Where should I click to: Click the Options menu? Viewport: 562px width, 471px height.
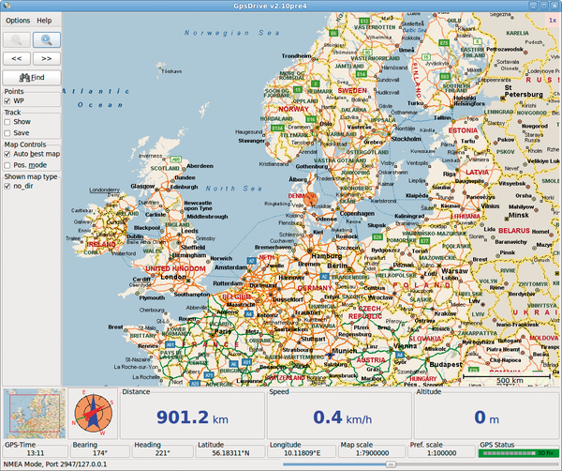tap(18, 20)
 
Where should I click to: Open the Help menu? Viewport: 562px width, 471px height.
tap(44, 20)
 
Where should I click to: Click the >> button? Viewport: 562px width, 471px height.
tap(47, 57)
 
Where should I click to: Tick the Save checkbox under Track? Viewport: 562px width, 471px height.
tap(8, 133)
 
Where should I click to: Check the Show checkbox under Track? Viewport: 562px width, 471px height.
tap(8, 122)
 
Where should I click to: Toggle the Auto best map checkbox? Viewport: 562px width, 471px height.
tap(8, 154)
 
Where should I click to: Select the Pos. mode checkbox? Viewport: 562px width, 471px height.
tap(8, 165)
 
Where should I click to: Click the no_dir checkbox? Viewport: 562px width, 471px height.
tap(8, 187)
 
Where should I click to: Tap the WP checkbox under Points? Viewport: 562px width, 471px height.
tap(8, 100)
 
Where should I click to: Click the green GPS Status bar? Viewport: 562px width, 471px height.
tap(516, 452)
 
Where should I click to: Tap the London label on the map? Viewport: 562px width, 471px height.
tap(172, 277)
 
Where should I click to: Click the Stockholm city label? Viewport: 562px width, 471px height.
tap(406, 138)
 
